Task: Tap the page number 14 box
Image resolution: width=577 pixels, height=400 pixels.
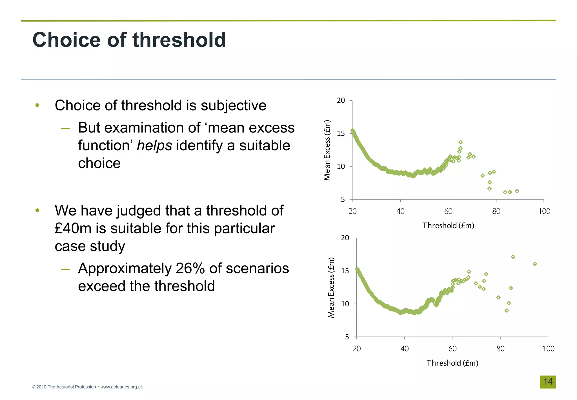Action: coord(547,382)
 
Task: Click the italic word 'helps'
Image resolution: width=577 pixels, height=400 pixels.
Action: coord(154,146)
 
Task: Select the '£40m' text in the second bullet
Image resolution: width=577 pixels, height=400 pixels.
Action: coord(73,228)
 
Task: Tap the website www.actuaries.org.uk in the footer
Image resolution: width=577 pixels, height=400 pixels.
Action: coord(121,387)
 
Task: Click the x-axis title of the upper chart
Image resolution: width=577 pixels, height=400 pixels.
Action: coord(448,225)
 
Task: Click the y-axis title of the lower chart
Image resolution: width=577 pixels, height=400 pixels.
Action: coord(331,287)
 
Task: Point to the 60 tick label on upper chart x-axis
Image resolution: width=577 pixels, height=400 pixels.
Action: coord(448,211)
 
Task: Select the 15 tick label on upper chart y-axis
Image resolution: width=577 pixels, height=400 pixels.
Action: coord(341,133)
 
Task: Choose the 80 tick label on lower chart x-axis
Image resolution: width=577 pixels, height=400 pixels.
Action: coord(500,349)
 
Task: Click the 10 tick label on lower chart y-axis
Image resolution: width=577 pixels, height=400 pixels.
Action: coord(345,304)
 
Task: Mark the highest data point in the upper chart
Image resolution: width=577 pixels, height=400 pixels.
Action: coord(460,142)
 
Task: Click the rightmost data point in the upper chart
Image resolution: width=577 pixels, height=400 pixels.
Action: coord(517,191)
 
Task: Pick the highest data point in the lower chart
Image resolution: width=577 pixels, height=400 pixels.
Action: coord(513,257)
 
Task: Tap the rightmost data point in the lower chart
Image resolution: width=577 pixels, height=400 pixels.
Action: coord(535,264)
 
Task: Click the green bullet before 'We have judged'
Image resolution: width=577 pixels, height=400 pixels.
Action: coord(37,210)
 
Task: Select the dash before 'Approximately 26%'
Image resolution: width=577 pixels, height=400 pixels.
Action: coord(65,269)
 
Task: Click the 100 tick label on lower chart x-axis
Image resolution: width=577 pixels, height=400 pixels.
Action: coord(548,349)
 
